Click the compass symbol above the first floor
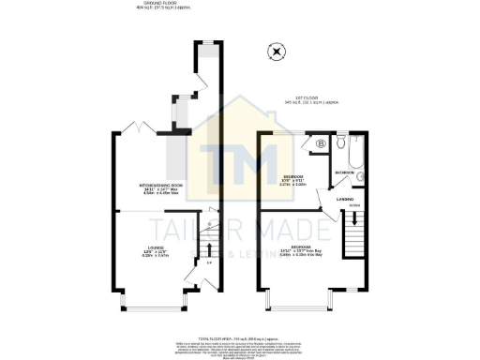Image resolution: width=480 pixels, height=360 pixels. pos(276,52)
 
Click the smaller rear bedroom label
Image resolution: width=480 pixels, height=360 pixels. pos(295,179)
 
